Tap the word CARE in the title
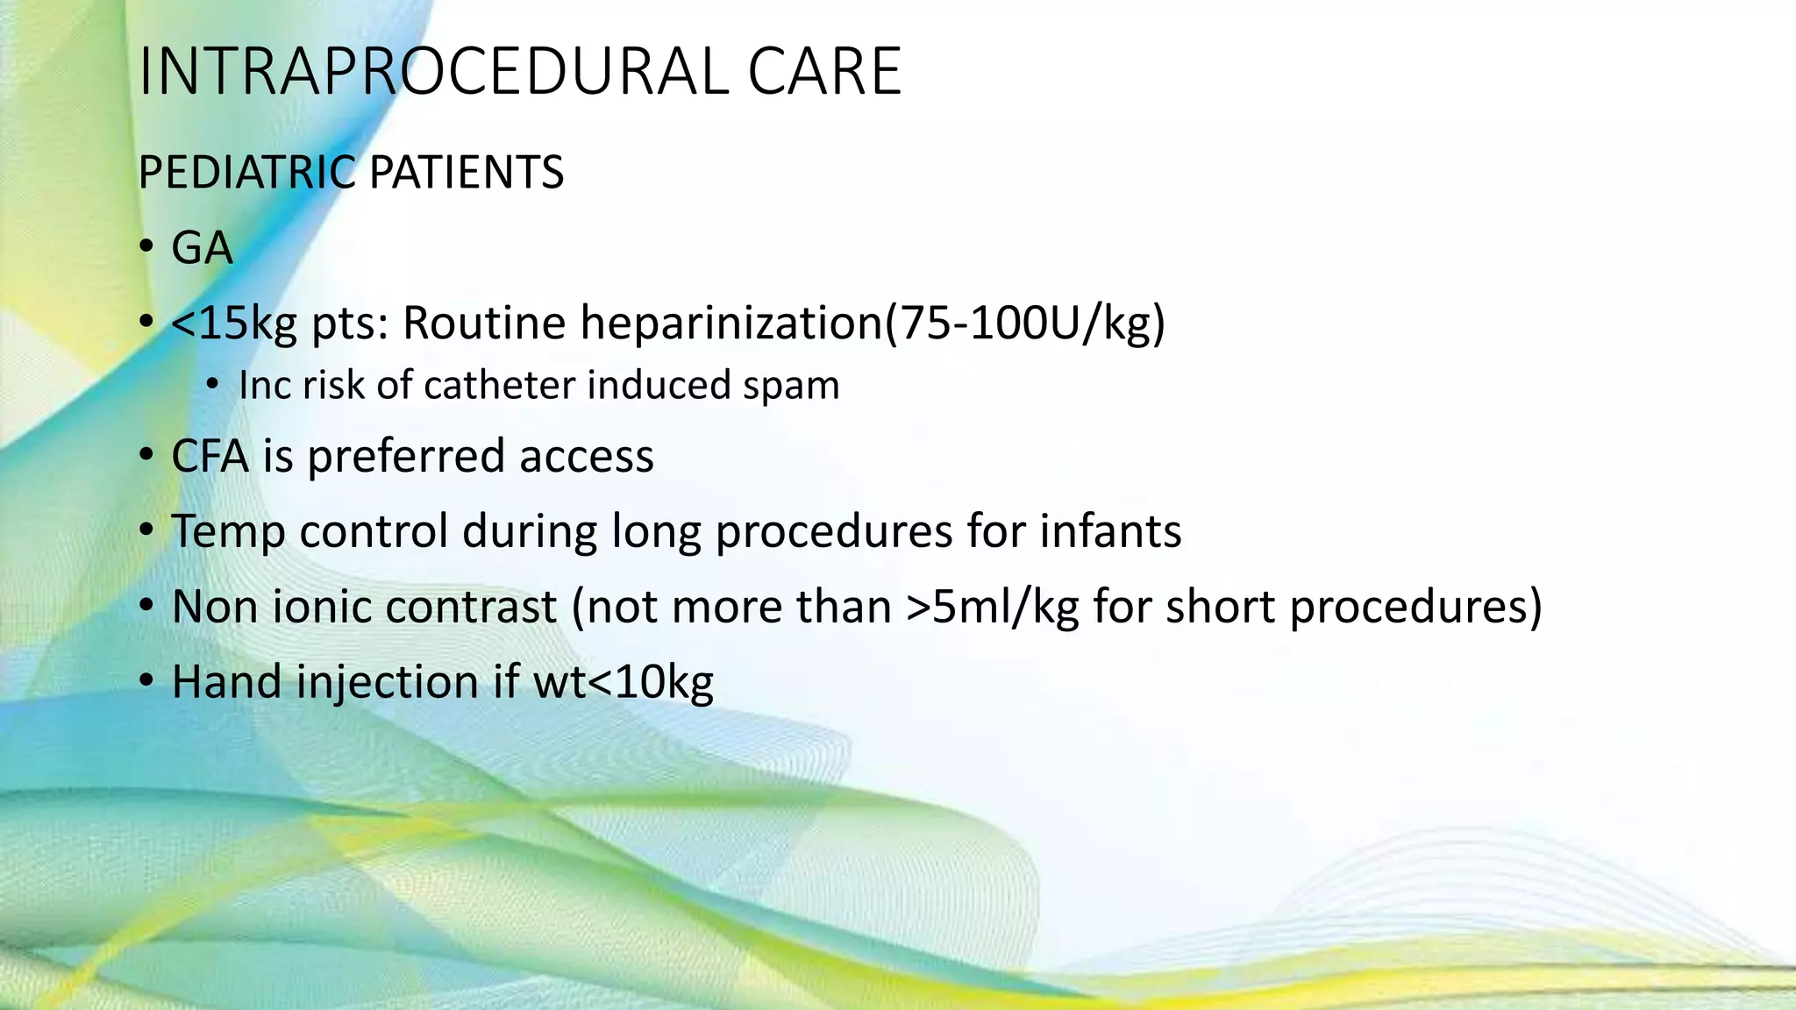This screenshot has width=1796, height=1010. click(824, 72)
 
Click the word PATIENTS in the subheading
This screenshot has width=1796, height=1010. click(467, 172)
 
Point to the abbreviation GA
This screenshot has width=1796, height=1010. click(202, 248)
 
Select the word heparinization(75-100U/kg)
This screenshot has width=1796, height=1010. click(873, 324)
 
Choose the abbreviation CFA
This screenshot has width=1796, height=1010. click(210, 457)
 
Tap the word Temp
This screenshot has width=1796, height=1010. click(228, 532)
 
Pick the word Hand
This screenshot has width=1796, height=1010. click(227, 682)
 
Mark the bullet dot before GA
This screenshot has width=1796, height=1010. click(146, 248)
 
